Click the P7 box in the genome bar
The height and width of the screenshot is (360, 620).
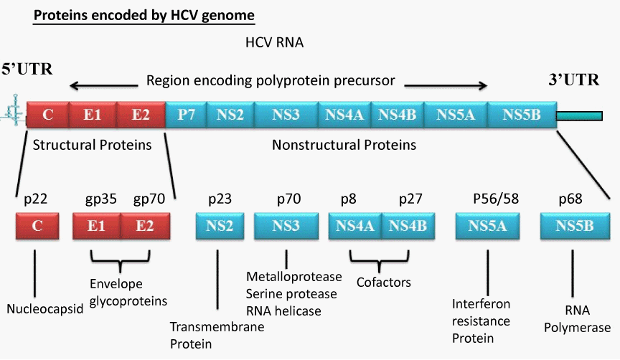click(187, 115)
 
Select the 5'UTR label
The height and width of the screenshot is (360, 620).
click(27, 69)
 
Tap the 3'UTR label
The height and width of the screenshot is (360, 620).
click(574, 80)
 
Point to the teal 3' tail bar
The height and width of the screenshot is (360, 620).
click(579, 115)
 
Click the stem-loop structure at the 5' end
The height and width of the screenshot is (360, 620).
click(15, 110)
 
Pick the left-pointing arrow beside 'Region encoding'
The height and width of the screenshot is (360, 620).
click(103, 85)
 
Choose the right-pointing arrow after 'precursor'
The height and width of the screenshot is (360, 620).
click(446, 85)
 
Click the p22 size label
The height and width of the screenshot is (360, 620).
click(36, 199)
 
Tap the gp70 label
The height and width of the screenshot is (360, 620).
click(149, 199)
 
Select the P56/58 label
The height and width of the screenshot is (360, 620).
click(496, 199)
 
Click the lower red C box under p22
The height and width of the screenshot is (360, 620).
click(37, 226)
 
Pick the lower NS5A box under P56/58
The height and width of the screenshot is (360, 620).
click(487, 226)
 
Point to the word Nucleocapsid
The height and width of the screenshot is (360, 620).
click(45, 308)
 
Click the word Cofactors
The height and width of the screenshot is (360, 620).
click(383, 282)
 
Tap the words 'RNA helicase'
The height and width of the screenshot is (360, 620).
click(283, 311)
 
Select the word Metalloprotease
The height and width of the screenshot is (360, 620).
click(293, 277)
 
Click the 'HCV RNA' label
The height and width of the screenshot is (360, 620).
click(274, 42)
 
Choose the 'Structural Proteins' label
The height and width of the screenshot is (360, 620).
click(92, 145)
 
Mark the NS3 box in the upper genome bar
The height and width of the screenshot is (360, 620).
click(286, 115)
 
